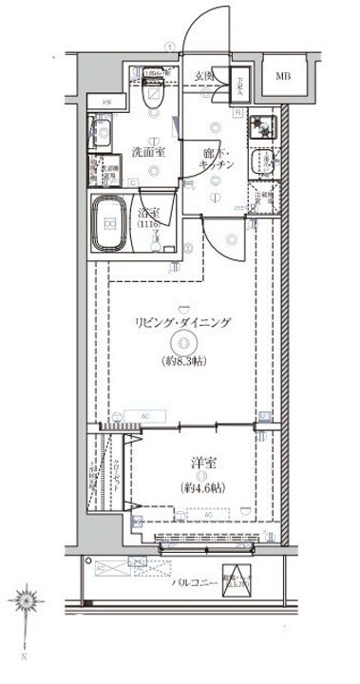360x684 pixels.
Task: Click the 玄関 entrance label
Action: tap(204, 76)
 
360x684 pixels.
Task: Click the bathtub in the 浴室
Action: tap(111, 224)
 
